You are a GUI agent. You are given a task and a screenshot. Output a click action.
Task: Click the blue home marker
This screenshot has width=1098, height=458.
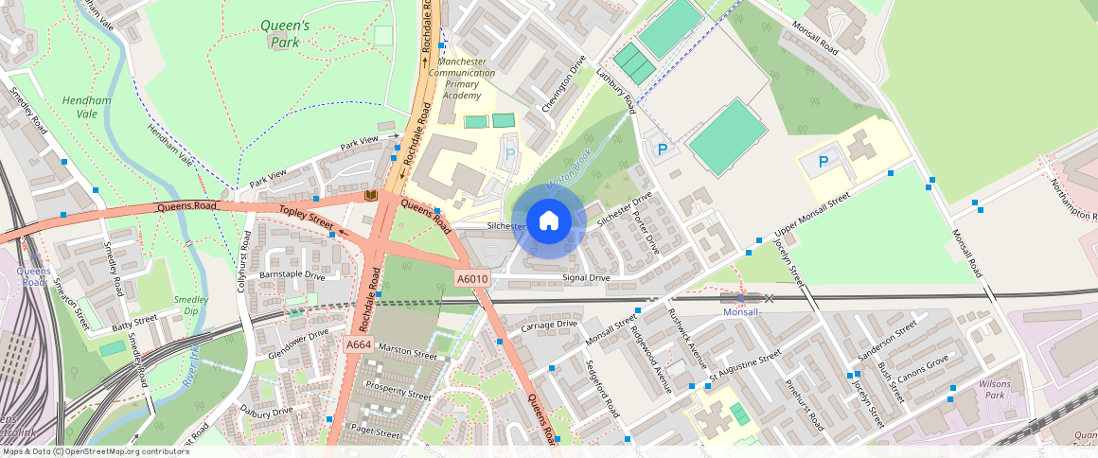pyautogui.click(x=548, y=221)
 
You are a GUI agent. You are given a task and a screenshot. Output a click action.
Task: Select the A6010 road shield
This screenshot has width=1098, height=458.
pyautogui.click(x=472, y=279)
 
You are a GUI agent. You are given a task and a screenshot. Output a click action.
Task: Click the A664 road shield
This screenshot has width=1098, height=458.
pyautogui.click(x=358, y=345)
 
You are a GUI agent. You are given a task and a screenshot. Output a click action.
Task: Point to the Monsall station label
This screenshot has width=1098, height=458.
pyautogui.click(x=741, y=312)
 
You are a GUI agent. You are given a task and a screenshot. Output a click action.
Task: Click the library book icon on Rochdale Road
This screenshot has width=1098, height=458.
pyautogui.click(x=371, y=196)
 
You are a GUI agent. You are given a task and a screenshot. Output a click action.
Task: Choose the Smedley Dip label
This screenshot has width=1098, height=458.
pyautogui.click(x=191, y=306)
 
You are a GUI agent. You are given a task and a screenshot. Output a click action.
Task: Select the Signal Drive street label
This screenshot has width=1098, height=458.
pyautogui.click(x=586, y=278)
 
